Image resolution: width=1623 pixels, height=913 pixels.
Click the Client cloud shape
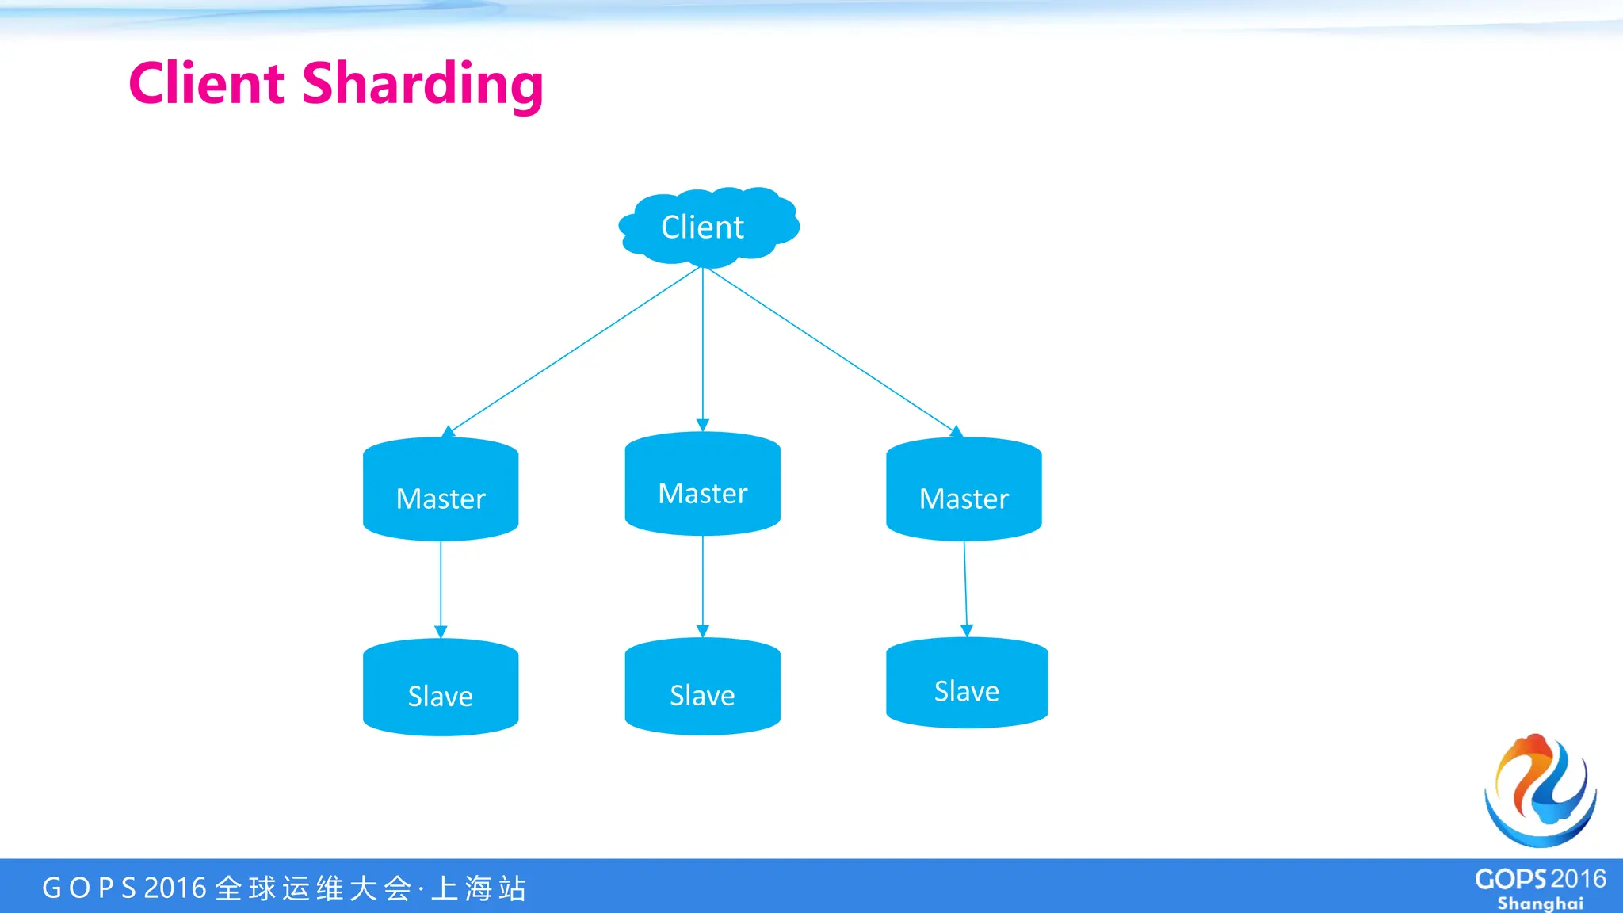click(708, 227)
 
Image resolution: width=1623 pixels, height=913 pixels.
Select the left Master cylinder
click(441, 490)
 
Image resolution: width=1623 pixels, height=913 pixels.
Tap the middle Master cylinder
click(702, 484)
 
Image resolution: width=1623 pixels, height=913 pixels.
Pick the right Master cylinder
click(964, 490)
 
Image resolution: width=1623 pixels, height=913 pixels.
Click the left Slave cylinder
click(441, 688)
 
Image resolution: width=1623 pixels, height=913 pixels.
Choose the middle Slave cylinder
click(702, 687)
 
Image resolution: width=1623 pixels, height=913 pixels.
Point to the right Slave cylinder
click(967, 683)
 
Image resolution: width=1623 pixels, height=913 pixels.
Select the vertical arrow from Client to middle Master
click(702, 349)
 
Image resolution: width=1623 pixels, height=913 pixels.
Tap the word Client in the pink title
click(207, 83)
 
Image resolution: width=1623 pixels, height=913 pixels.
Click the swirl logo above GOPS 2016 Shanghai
click(1540, 790)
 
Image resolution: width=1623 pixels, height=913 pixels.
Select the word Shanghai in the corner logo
click(1540, 903)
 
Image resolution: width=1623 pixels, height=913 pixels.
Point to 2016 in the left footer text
click(175, 888)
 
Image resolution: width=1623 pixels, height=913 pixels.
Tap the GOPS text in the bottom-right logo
click(1510, 879)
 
